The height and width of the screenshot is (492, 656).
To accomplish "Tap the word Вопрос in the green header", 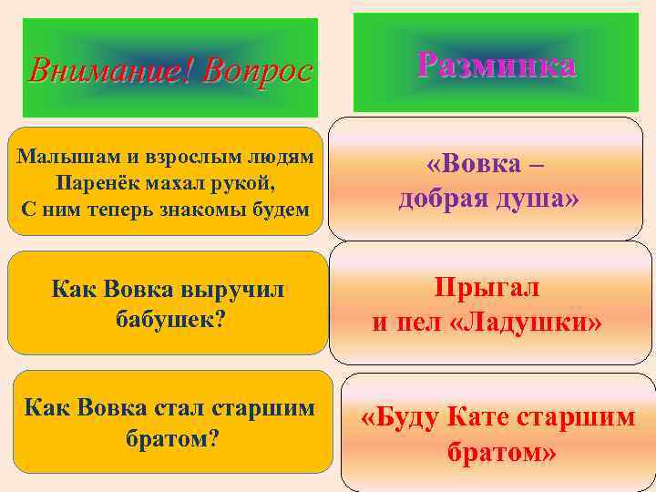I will pyautogui.click(x=258, y=71).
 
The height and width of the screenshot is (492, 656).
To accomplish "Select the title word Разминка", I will pyautogui.click(x=496, y=65).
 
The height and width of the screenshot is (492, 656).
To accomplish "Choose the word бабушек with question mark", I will pyautogui.click(x=170, y=319).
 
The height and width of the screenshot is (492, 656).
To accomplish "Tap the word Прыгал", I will pyautogui.click(x=487, y=289).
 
